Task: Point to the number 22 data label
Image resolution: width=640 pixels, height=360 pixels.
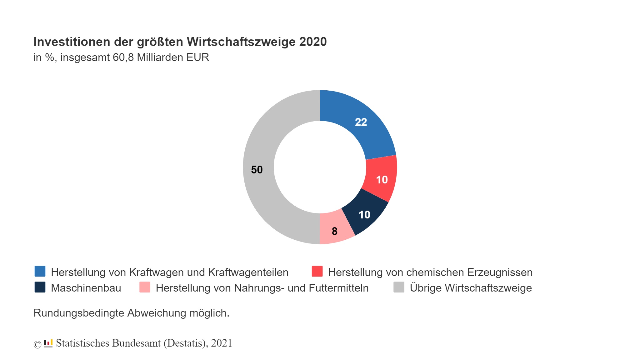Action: [361, 122]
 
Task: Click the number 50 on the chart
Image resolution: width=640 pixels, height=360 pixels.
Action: [257, 170]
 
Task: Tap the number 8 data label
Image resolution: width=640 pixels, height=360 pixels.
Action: [334, 231]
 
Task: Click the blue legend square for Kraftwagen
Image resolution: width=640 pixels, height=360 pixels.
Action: [40, 271]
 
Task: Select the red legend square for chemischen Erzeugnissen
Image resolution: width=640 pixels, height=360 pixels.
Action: [317, 271]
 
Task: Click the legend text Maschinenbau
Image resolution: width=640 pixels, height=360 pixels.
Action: [86, 288]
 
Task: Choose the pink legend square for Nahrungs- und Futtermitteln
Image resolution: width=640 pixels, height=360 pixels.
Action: [145, 287]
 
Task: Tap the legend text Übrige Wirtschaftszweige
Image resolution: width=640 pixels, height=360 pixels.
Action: [471, 288]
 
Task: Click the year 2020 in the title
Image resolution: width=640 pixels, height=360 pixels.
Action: [313, 42]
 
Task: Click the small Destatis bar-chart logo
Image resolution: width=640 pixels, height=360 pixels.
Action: [48, 343]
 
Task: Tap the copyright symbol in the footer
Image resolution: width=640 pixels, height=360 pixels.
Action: [37, 344]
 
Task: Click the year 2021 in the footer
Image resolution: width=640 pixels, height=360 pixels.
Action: [222, 343]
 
